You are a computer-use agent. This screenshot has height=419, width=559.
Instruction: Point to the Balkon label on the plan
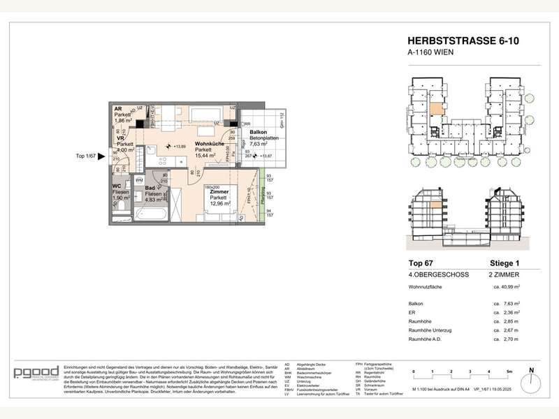[x=258, y=133]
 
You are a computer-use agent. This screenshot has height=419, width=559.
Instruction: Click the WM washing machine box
[x=140, y=181]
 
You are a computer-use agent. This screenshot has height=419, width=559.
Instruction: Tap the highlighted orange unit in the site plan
[x=436, y=109]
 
